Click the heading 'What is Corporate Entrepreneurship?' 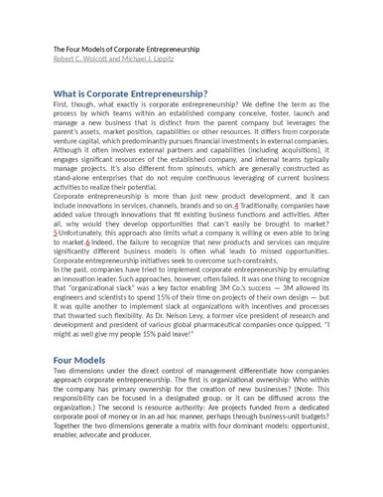130,91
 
